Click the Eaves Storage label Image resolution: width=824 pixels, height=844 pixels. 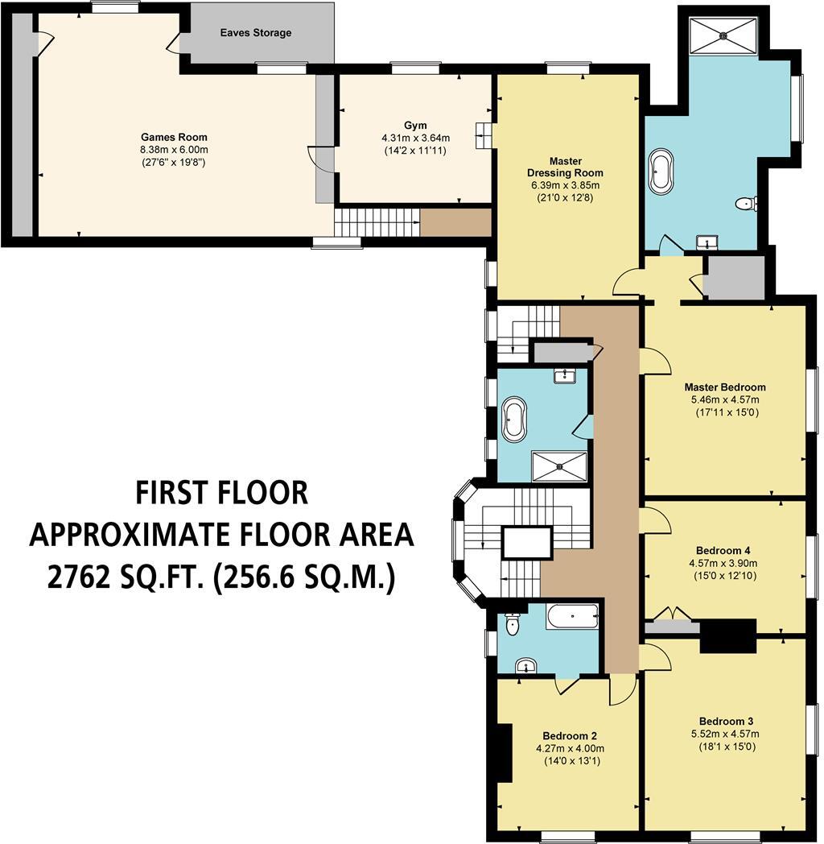[256, 33]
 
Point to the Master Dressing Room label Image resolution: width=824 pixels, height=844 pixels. [565, 167]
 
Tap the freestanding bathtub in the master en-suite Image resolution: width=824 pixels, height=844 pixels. [662, 171]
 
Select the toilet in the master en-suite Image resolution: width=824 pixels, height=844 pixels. [747, 205]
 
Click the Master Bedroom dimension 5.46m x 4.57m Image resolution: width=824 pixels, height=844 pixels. [724, 399]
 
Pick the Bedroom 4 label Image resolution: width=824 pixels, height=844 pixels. [726, 551]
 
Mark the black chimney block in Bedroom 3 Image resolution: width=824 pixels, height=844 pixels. [728, 635]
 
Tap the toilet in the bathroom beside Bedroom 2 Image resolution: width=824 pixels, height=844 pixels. [512, 624]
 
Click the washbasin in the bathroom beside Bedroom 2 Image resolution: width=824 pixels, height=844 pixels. [525, 665]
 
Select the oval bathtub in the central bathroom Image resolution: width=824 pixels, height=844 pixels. [513, 420]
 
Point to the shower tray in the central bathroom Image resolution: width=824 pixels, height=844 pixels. [559, 465]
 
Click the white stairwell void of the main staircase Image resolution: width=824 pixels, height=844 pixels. [527, 543]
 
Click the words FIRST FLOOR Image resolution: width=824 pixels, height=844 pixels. [221, 492]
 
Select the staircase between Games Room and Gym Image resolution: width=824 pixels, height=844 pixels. [377, 221]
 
